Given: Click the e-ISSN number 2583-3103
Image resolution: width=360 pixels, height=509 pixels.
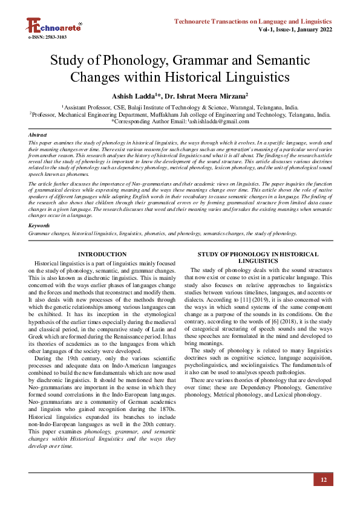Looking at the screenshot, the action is click(48, 37).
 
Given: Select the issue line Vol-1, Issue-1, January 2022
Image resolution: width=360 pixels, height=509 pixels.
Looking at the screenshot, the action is click(295, 29).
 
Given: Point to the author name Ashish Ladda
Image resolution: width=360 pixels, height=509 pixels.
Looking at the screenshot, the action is click(133, 96).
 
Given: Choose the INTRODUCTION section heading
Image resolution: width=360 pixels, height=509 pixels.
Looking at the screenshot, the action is click(102, 254).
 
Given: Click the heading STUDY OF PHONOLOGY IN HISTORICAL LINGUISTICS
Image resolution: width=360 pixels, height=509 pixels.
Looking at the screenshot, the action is click(258, 258).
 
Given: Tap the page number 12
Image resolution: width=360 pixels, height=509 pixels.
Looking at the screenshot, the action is click(324, 480).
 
